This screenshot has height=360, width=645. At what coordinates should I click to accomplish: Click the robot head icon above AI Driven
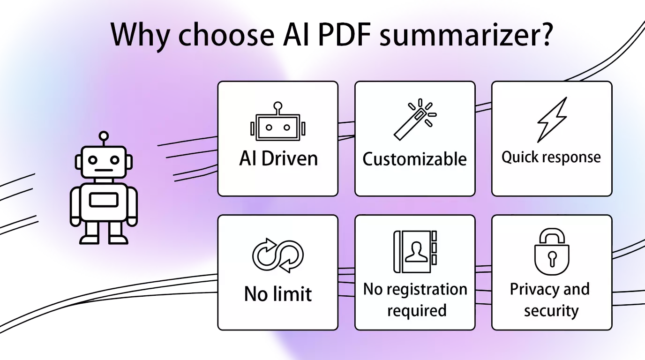point(277,123)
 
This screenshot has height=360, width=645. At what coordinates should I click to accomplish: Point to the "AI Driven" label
point(278,158)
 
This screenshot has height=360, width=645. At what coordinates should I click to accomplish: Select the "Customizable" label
point(415,159)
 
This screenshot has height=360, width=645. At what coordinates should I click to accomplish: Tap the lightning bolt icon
point(552,120)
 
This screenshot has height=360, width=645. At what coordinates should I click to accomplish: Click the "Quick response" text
point(551,157)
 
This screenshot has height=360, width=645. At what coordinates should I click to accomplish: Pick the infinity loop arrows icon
point(278,255)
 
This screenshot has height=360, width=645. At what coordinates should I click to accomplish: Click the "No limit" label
point(278,294)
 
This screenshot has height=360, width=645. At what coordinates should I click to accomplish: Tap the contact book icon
point(415,251)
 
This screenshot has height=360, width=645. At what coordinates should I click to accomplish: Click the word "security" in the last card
point(551,310)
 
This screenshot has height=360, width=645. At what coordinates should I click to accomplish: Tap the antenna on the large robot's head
point(104,137)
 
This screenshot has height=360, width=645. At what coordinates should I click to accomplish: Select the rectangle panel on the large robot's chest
point(104,200)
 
